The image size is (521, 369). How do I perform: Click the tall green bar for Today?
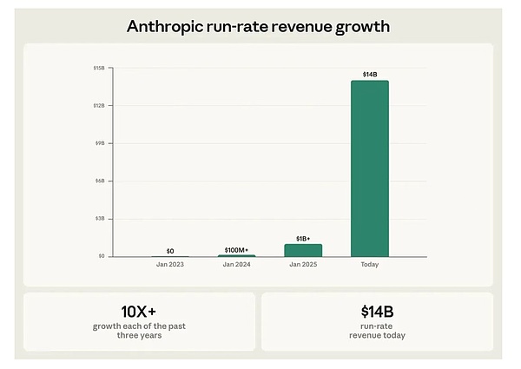370,168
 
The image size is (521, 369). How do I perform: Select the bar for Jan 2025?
303,250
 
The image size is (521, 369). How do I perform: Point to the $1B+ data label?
303,237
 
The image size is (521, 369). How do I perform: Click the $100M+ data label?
236,249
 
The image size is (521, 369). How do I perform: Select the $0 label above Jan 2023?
170,250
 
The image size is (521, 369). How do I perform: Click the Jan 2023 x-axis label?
170,264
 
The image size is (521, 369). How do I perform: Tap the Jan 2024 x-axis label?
236,264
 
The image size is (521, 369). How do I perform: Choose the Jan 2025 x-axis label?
303,264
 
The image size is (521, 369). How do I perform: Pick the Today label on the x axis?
370,264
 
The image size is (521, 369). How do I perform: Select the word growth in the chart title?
358,27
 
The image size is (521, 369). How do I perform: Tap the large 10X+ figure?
139,310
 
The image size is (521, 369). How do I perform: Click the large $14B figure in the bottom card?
377,310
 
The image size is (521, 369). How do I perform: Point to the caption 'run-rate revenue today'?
377,331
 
